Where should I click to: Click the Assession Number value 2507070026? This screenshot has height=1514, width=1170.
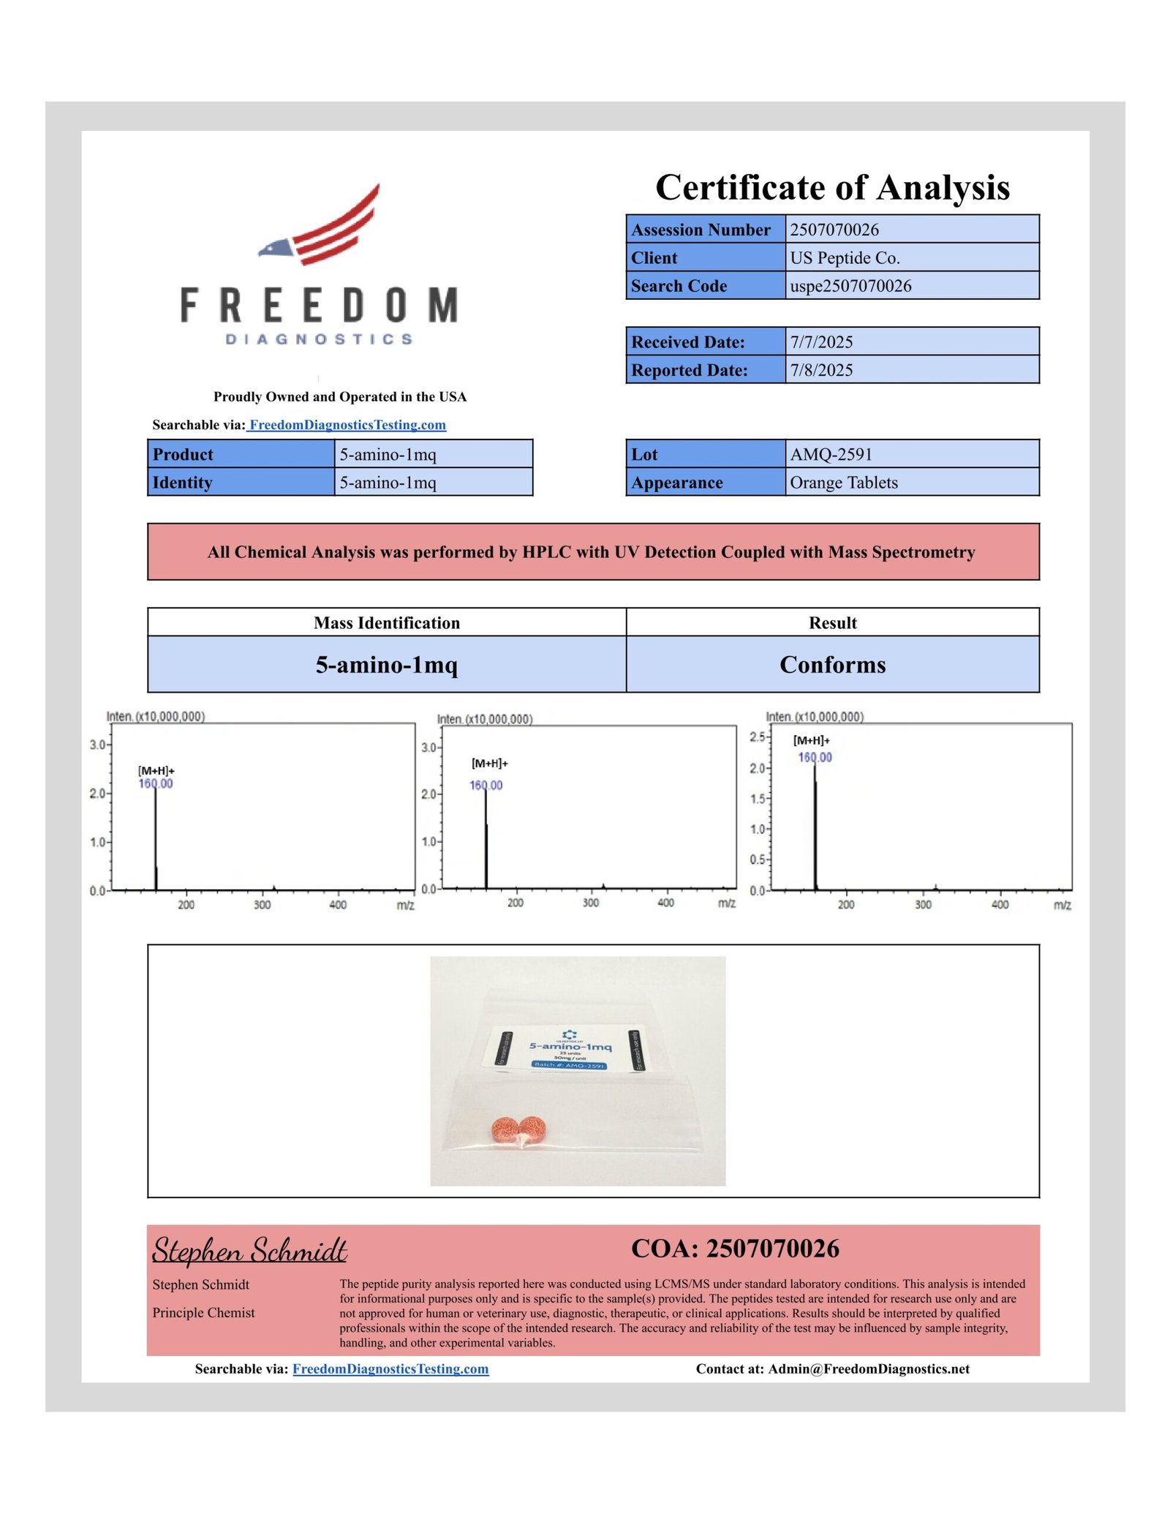tap(834, 230)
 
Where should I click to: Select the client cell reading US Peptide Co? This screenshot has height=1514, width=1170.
tap(845, 258)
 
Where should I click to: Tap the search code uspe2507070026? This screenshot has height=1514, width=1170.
tap(850, 286)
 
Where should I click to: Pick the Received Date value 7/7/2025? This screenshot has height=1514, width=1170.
tap(821, 342)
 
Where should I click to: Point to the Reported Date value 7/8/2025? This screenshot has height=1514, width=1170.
tap(821, 370)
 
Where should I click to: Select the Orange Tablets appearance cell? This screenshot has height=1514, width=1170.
tap(844, 483)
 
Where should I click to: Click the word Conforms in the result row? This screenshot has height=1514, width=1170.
tap(832, 664)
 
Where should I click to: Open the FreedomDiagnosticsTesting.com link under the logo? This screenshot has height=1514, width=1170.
tap(347, 425)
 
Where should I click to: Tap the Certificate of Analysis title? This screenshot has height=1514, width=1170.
tap(832, 187)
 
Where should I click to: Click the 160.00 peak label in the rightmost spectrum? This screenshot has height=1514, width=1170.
tap(815, 758)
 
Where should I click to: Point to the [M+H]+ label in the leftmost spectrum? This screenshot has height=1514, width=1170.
tap(156, 771)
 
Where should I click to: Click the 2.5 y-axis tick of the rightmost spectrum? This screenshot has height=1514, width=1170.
tap(757, 737)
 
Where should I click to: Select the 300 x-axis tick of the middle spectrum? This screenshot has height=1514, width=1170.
tap(591, 903)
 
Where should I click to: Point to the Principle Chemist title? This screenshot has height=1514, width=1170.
tap(203, 1313)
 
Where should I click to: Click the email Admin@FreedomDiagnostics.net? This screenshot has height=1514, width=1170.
tap(869, 1369)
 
